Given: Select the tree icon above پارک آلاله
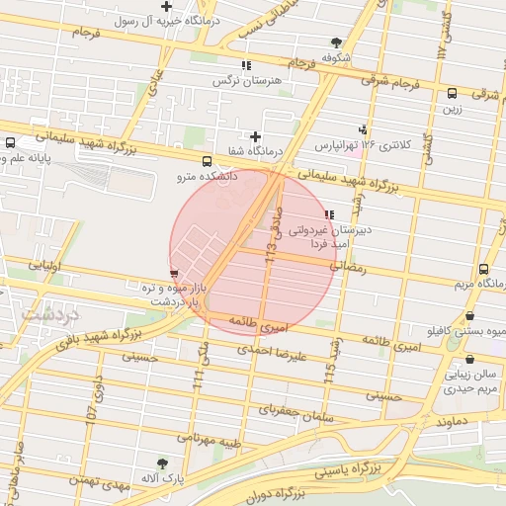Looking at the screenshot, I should [162, 462].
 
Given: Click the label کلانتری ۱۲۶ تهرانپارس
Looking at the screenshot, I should [362, 144].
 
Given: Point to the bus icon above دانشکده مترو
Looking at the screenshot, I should [206, 162].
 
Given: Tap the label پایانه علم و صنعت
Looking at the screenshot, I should [36, 156].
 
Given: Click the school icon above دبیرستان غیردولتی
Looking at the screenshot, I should [328, 214].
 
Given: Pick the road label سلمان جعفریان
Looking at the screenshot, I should [294, 410].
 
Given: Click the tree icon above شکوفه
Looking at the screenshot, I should [336, 42].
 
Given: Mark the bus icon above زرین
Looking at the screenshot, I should [453, 95].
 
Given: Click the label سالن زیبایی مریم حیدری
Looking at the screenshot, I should [467, 382].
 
